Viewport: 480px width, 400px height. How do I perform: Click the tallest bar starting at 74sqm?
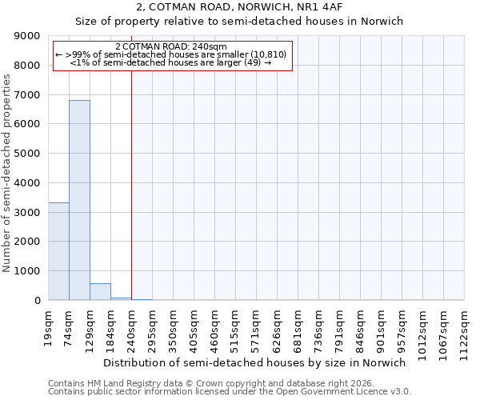coord(79,200)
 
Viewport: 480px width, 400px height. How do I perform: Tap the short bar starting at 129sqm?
coord(100,292)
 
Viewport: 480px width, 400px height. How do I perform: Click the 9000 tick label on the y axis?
coord(28,36)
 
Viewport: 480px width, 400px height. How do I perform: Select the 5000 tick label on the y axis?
coord(28,154)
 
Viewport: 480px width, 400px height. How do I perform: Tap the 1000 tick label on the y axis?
coord(28,271)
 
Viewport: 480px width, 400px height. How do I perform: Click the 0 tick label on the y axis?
coord(37,301)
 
